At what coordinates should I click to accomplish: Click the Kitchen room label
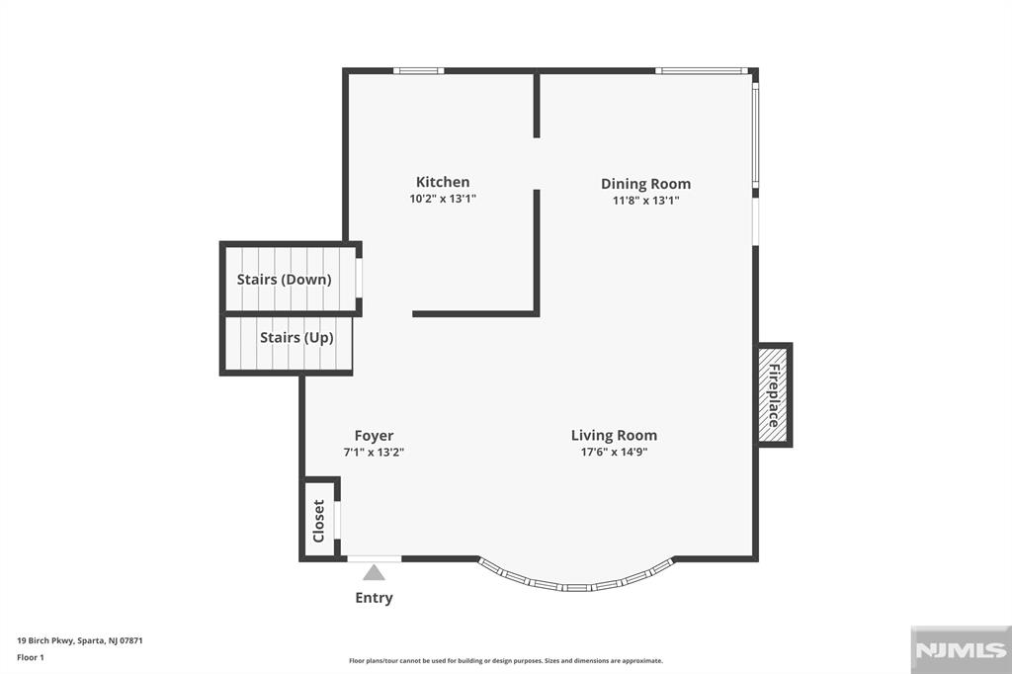(443, 182)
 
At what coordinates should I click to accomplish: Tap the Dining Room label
(645, 184)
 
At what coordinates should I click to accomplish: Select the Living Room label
(614, 436)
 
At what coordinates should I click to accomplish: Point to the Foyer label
(374, 436)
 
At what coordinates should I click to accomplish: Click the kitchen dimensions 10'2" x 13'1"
(443, 199)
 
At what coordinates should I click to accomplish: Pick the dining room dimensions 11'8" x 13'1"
(645, 201)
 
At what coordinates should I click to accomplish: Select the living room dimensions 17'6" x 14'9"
(614, 452)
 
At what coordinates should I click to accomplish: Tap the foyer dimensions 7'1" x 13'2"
(374, 453)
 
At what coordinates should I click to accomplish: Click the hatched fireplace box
(773, 395)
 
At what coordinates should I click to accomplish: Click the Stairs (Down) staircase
(290, 279)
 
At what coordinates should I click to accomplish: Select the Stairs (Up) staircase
(287, 343)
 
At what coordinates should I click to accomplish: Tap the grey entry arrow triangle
(374, 572)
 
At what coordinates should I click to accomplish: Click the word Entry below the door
(374, 598)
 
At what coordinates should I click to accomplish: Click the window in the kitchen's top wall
(419, 70)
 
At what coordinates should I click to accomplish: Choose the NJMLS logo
(961, 650)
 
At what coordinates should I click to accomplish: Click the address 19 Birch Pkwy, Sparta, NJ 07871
(80, 641)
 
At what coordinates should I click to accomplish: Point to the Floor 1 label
(31, 658)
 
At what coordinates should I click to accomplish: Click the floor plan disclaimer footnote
(506, 661)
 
